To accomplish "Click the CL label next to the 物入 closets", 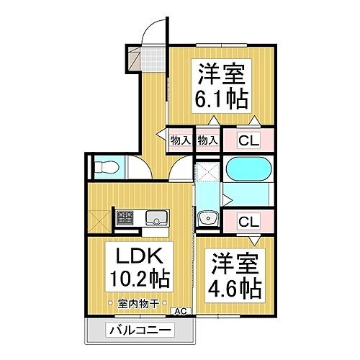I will pyautogui.click(x=246, y=140).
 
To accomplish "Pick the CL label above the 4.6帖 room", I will pyautogui.click(x=246, y=220).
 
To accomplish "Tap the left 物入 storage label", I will pyautogui.click(x=180, y=140).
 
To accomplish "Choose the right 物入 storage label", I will pyautogui.click(x=208, y=140).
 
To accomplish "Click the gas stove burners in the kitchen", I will pyautogui.click(x=124, y=217).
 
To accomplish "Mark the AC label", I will pyautogui.click(x=184, y=310).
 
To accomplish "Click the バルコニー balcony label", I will pyautogui.click(x=141, y=331).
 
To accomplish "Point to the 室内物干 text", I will pyautogui.click(x=138, y=303).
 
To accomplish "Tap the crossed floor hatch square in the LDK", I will pyautogui.click(x=98, y=217).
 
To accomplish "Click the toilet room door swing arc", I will pyautogui.click(x=140, y=166).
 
